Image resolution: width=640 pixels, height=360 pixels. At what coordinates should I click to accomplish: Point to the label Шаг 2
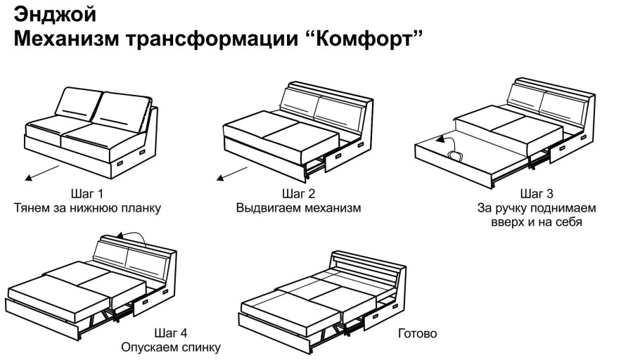coord(298,193)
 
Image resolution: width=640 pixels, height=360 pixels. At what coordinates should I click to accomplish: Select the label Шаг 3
coord(536,193)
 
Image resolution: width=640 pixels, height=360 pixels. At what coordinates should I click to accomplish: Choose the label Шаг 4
coord(170,333)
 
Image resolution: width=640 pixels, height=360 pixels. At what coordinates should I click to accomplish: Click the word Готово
coord(417,333)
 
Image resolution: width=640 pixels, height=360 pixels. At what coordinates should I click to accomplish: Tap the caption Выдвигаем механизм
coord(298,208)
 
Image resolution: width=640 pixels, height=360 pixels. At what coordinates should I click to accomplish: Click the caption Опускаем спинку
coord(170,347)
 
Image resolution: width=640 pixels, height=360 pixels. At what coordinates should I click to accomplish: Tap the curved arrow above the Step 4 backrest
coord(133,237)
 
